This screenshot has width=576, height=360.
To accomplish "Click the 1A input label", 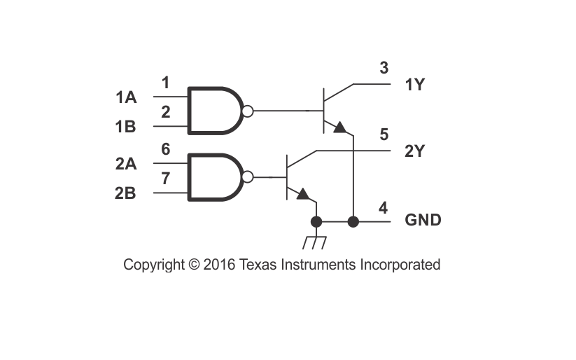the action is [126, 97].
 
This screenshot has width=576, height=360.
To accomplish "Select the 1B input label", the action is [126, 127].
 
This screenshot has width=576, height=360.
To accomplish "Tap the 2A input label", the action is [126, 164].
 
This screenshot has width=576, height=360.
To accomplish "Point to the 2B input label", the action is [126, 193].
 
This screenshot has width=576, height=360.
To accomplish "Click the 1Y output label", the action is [415, 85].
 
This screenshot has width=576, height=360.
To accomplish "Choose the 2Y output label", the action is [415, 151].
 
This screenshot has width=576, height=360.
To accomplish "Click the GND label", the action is [423, 220].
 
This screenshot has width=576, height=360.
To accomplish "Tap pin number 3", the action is [384, 68].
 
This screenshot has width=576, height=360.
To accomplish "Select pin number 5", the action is [384, 134].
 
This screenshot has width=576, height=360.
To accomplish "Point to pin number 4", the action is [383, 208].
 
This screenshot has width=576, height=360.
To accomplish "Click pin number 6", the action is [166, 149].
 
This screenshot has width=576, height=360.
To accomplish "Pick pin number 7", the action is [166, 179].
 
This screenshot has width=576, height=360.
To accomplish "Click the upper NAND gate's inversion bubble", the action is [248, 111].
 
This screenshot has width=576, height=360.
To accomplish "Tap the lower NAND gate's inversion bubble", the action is [248, 177].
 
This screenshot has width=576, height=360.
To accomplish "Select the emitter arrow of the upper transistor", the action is [340, 127].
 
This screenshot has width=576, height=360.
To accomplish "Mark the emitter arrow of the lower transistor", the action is [303, 194].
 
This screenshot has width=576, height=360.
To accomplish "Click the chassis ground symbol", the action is [314, 243].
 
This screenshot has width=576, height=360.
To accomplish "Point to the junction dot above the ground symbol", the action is [316, 222].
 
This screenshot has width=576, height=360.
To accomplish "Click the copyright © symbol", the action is [194, 265].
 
